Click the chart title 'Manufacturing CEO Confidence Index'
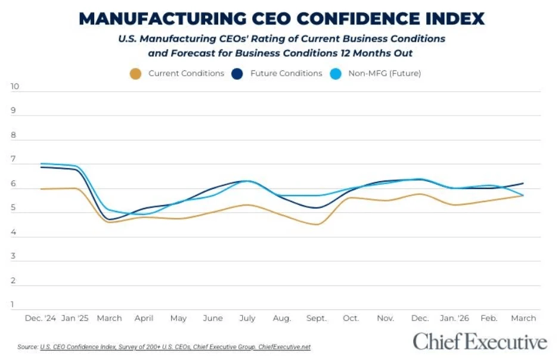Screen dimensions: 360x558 coord(281,18)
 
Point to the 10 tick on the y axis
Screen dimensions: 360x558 coord(15,86)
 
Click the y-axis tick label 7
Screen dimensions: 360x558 coord(13,160)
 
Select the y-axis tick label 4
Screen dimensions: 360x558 coord(13,232)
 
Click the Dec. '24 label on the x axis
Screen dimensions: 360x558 coord(39,318)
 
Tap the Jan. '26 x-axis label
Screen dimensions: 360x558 coord(454,318)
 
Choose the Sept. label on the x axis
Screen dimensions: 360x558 coord(316,318)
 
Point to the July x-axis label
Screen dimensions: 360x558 coord(247,318)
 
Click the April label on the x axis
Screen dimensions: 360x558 coord(144,318)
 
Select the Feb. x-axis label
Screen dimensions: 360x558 coord(489,318)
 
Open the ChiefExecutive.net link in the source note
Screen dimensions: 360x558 coord(284,347)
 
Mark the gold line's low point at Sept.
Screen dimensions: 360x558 coord(316,225)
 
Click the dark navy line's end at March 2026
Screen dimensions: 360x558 coord(523,183)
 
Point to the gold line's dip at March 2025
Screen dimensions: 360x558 coord(110,222)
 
